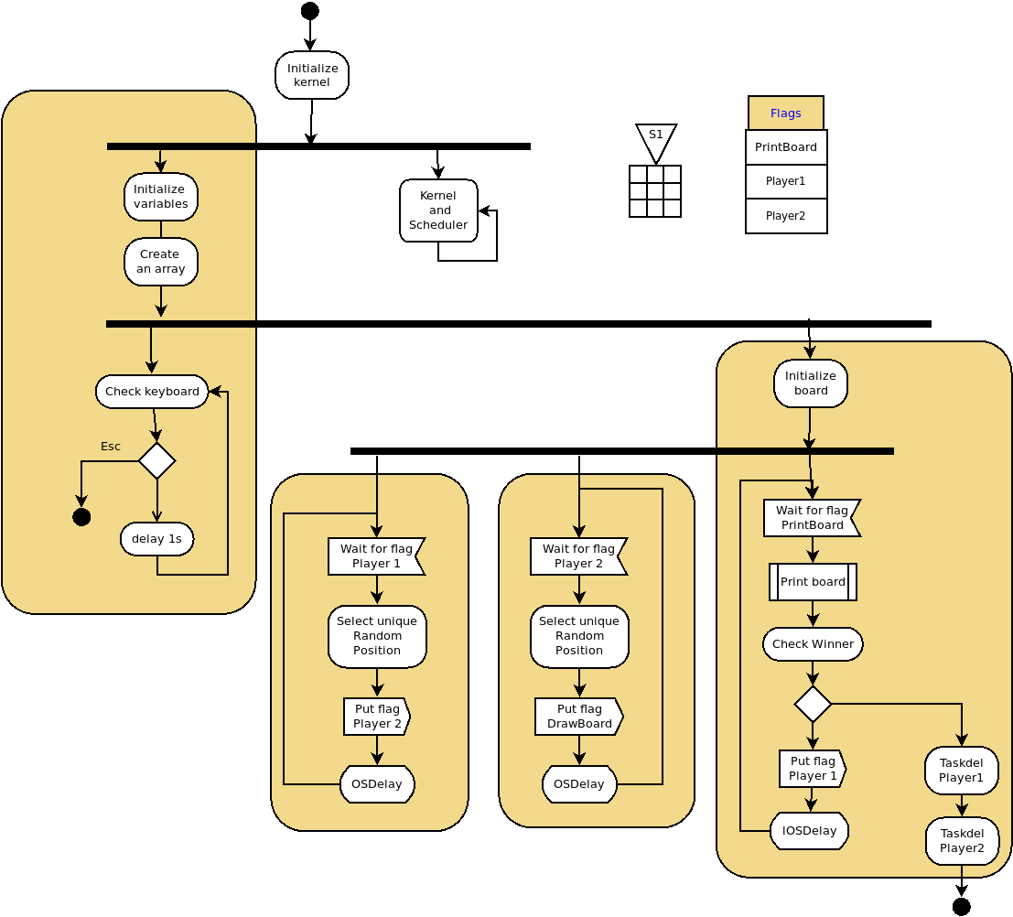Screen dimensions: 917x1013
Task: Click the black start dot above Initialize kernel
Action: click(x=310, y=11)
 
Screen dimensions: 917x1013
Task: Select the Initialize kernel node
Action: click(x=312, y=75)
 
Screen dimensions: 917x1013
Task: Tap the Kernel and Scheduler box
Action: click(x=438, y=210)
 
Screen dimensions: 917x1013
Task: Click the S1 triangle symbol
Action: click(x=656, y=140)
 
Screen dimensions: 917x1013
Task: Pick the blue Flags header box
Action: click(x=785, y=113)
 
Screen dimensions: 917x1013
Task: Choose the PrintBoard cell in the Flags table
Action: click(x=786, y=147)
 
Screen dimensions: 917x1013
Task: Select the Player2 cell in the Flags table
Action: click(x=786, y=216)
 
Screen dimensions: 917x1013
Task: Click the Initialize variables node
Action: click(x=161, y=197)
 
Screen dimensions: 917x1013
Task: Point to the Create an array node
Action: click(x=161, y=262)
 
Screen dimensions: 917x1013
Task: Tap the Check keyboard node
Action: click(x=152, y=392)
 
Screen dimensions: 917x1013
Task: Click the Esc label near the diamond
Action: click(x=111, y=447)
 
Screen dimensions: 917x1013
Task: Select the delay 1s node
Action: click(x=156, y=539)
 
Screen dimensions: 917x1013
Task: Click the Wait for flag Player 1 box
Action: click(x=376, y=556)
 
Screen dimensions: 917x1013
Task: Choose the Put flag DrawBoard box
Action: click(x=578, y=717)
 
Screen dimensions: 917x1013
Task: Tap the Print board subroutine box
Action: click(x=813, y=582)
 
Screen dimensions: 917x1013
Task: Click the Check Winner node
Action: click(x=813, y=644)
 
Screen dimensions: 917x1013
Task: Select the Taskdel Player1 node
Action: click(x=962, y=771)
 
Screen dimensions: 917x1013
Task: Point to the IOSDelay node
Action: click(x=809, y=831)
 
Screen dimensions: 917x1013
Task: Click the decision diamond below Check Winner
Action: click(x=813, y=704)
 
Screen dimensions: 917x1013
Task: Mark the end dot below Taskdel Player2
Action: click(x=961, y=906)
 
